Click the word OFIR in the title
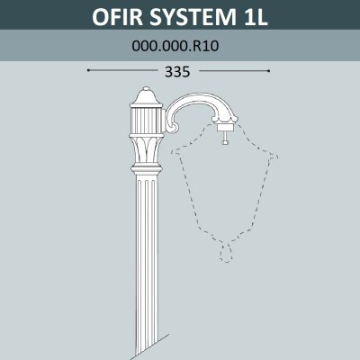coord(117,17)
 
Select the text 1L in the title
coord(255,17)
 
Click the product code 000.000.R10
coord(175,46)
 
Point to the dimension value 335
coord(177,72)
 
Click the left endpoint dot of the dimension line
coord(88,70)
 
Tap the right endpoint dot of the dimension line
coord(269,71)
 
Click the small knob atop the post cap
coord(146,89)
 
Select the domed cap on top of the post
coord(146,97)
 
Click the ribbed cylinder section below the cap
coord(147,121)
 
